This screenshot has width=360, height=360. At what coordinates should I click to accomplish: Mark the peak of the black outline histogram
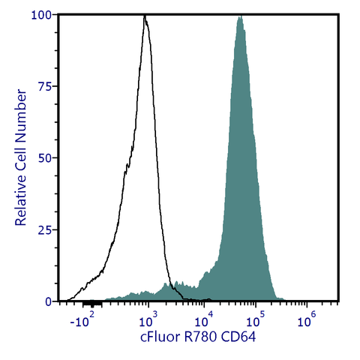pos(145,16)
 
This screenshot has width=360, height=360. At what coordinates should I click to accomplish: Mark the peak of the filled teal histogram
pos(240,16)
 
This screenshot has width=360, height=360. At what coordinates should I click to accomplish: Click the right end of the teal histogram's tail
pos(279,300)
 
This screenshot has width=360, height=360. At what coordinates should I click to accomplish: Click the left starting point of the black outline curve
pos(67,300)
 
